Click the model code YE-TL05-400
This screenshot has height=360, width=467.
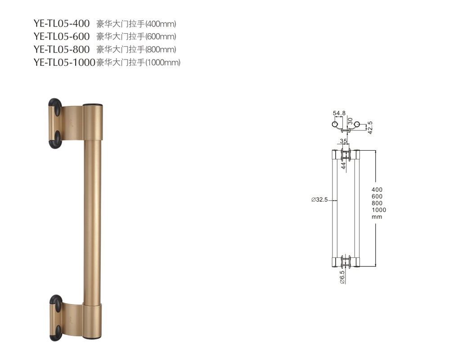click(x=61, y=23)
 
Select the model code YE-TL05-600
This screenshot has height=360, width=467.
click(x=61, y=36)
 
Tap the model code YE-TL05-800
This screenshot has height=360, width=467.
click(x=61, y=49)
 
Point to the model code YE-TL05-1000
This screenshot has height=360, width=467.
click(x=64, y=62)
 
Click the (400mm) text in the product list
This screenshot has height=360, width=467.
click(x=161, y=23)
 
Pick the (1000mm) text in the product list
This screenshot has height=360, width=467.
click(x=162, y=63)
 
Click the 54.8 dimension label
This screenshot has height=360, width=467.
click(x=339, y=113)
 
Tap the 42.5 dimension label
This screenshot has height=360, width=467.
click(x=370, y=127)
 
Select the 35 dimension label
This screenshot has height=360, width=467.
click(x=343, y=141)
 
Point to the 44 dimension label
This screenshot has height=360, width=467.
click(x=343, y=166)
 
